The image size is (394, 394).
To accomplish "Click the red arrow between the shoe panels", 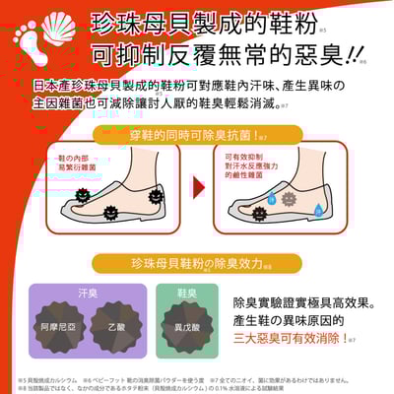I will (x=196, y=189).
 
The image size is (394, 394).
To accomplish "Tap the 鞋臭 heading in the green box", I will (x=187, y=293).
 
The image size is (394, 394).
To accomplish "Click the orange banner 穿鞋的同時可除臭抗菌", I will (x=197, y=136).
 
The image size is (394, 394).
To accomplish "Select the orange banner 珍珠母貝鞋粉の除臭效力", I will (x=196, y=264).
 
